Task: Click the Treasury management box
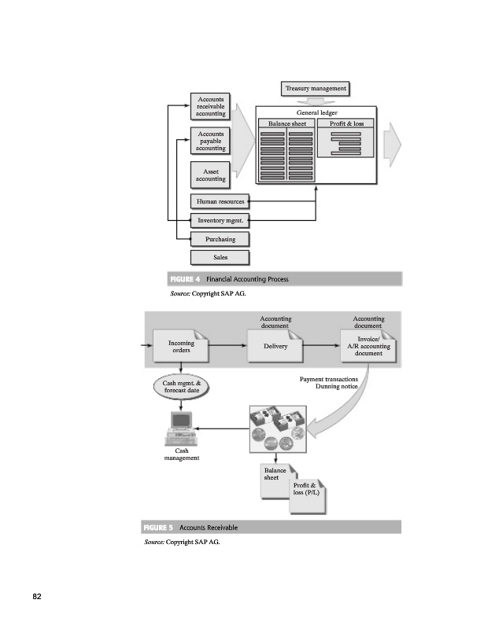click(315, 88)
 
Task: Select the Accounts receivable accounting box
click(211, 107)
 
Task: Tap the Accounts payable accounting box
click(211, 142)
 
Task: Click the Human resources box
click(220, 202)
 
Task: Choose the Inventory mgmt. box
click(220, 221)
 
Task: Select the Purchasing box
click(220, 239)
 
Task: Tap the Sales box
click(220, 257)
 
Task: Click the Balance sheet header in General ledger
click(287, 124)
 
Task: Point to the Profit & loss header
click(347, 124)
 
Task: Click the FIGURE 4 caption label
click(187, 279)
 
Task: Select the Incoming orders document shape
click(182, 347)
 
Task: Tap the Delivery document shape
click(276, 347)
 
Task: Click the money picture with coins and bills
click(276, 429)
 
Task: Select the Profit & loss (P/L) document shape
click(308, 491)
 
